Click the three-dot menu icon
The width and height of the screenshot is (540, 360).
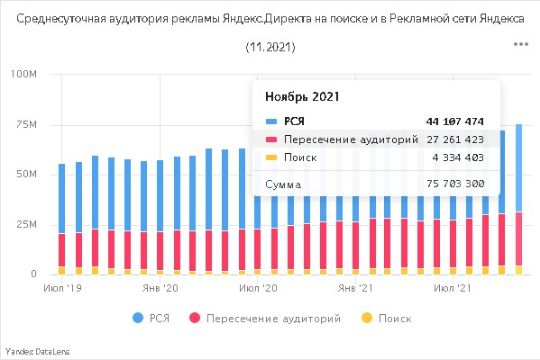pyautogui.click(x=520, y=44)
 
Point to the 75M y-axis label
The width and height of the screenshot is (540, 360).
pyautogui.click(x=24, y=124)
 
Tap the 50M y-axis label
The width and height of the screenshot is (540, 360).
pyautogui.click(x=24, y=174)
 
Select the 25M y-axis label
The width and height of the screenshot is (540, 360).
pyautogui.click(x=24, y=224)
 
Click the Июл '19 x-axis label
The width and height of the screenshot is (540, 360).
pyautogui.click(x=64, y=288)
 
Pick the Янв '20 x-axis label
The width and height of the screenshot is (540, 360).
pyautogui.click(x=160, y=288)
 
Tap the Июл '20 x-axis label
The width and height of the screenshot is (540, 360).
pyautogui.click(x=258, y=288)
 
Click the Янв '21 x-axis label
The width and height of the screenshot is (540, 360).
pyautogui.click(x=355, y=288)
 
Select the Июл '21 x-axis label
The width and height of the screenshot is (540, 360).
pyautogui.click(x=453, y=288)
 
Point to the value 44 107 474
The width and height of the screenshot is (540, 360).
pyautogui.click(x=454, y=122)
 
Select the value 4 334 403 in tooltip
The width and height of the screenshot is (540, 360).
pyautogui.click(x=458, y=158)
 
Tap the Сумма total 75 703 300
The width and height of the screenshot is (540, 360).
pyautogui.click(x=454, y=185)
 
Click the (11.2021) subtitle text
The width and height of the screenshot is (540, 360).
pyautogui.click(x=270, y=47)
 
